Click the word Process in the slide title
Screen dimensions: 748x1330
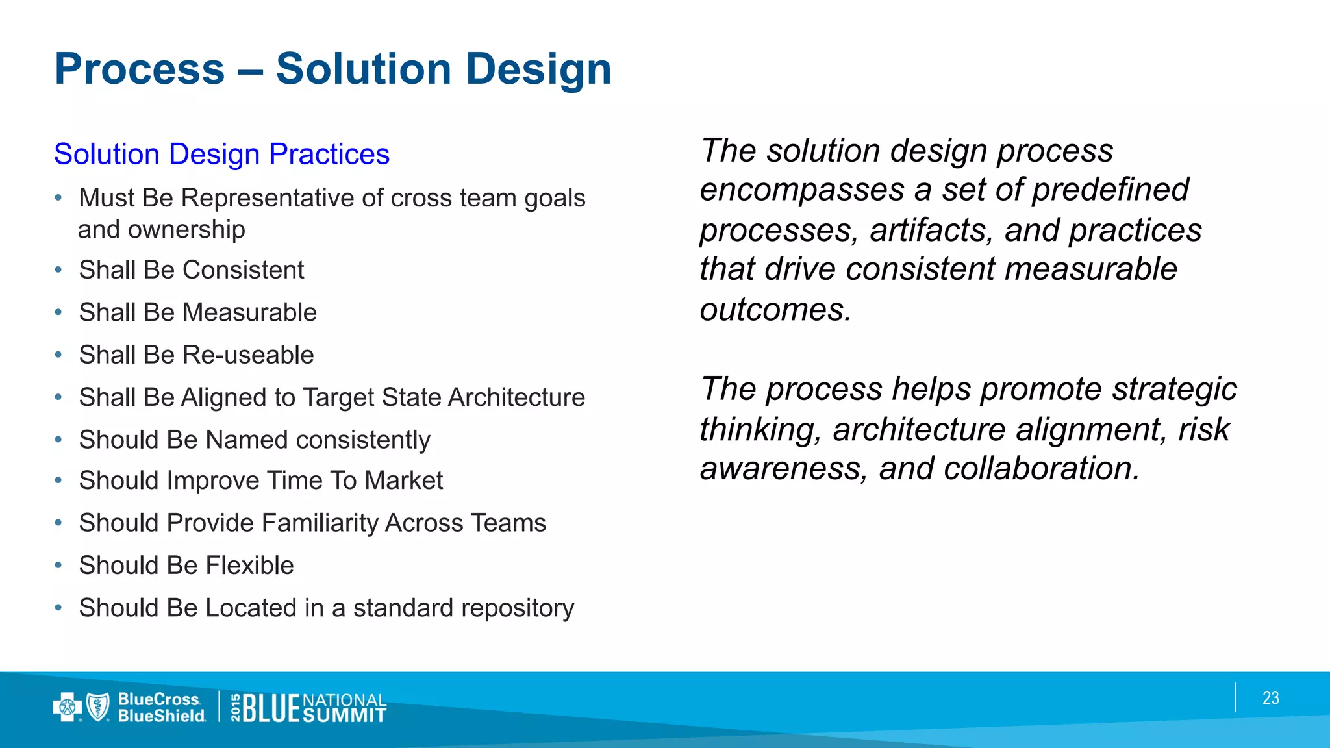pyautogui.click(x=140, y=69)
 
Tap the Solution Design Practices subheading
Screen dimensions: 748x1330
pyautogui.click(x=221, y=154)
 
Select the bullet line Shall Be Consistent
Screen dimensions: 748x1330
pyautogui.click(x=191, y=269)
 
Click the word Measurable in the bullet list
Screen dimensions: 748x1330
pyautogui.click(x=249, y=312)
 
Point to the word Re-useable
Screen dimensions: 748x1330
pyautogui.click(x=248, y=355)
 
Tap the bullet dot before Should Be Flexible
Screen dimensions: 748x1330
pyautogui.click(x=58, y=565)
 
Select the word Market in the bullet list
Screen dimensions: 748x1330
pyautogui.click(x=403, y=480)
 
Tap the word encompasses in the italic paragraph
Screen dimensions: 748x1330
pyautogui.click(x=802, y=190)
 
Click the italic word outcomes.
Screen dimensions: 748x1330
pyautogui.click(x=775, y=309)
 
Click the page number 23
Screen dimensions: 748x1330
pyautogui.click(x=1270, y=698)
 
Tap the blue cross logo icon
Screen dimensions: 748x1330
pyautogui.click(x=66, y=707)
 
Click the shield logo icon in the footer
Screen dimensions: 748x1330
pyautogui.click(x=98, y=706)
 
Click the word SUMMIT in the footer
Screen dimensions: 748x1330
pyautogui.click(x=344, y=716)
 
